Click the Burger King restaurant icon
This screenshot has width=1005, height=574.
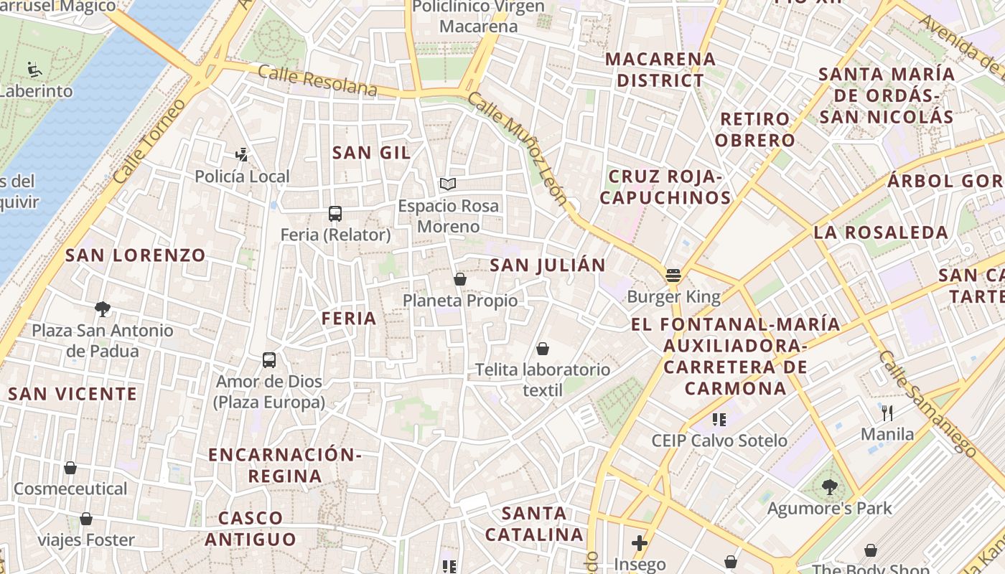[673, 275]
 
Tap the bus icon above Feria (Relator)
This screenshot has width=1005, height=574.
[335, 213]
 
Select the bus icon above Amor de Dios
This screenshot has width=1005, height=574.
[269, 360]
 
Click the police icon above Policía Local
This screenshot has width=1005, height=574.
[242, 154]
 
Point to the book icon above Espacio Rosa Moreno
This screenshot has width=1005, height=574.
[448, 184]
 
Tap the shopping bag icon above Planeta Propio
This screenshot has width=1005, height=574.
[460, 279]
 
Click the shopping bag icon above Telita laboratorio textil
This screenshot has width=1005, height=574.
[543, 349]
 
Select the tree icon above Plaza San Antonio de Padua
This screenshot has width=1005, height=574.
[103, 309]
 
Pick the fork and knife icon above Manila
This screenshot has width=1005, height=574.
[887, 413]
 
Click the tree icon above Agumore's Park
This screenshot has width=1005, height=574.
[829, 487]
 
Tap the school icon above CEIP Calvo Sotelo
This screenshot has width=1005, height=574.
[719, 419]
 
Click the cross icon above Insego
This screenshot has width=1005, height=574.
[639, 543]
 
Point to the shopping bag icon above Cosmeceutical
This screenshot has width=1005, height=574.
[70, 468]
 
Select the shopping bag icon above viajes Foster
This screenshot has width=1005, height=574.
[86, 519]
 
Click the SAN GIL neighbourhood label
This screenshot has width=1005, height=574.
[372, 153]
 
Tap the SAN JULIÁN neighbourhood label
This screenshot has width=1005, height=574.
[548, 265]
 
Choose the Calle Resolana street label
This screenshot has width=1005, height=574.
[317, 80]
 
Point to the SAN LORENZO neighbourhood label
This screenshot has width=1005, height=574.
[136, 255]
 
